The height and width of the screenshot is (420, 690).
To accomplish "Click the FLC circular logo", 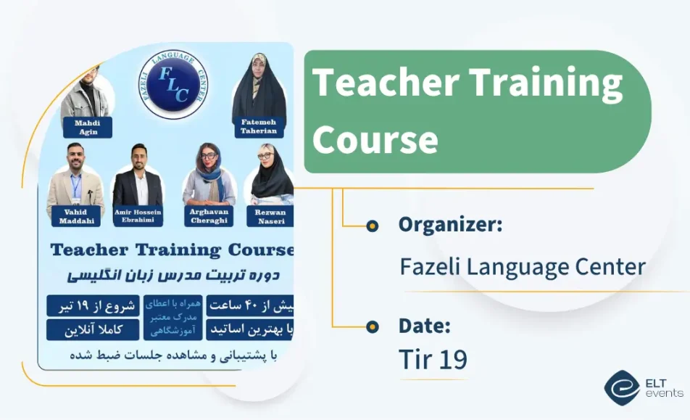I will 173,83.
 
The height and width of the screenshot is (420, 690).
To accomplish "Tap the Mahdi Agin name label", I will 87,128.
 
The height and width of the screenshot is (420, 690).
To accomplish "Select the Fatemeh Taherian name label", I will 259,128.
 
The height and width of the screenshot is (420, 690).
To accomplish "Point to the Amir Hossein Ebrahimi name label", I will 138,215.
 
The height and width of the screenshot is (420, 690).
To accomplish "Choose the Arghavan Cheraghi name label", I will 209,215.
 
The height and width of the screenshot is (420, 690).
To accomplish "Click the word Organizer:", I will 450,225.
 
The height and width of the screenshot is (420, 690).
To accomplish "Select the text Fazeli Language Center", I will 522,266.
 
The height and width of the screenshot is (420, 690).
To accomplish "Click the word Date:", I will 425,326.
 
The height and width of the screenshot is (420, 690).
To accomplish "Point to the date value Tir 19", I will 433,358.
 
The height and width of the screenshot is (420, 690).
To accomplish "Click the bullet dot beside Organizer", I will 373,226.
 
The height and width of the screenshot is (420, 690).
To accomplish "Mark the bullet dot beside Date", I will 373,326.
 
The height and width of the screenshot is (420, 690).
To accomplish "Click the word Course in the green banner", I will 375,139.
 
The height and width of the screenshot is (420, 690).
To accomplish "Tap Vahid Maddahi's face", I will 75,157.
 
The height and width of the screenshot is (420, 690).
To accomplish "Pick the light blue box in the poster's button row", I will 173,317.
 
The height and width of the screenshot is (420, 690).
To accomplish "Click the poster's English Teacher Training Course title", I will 172,250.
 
